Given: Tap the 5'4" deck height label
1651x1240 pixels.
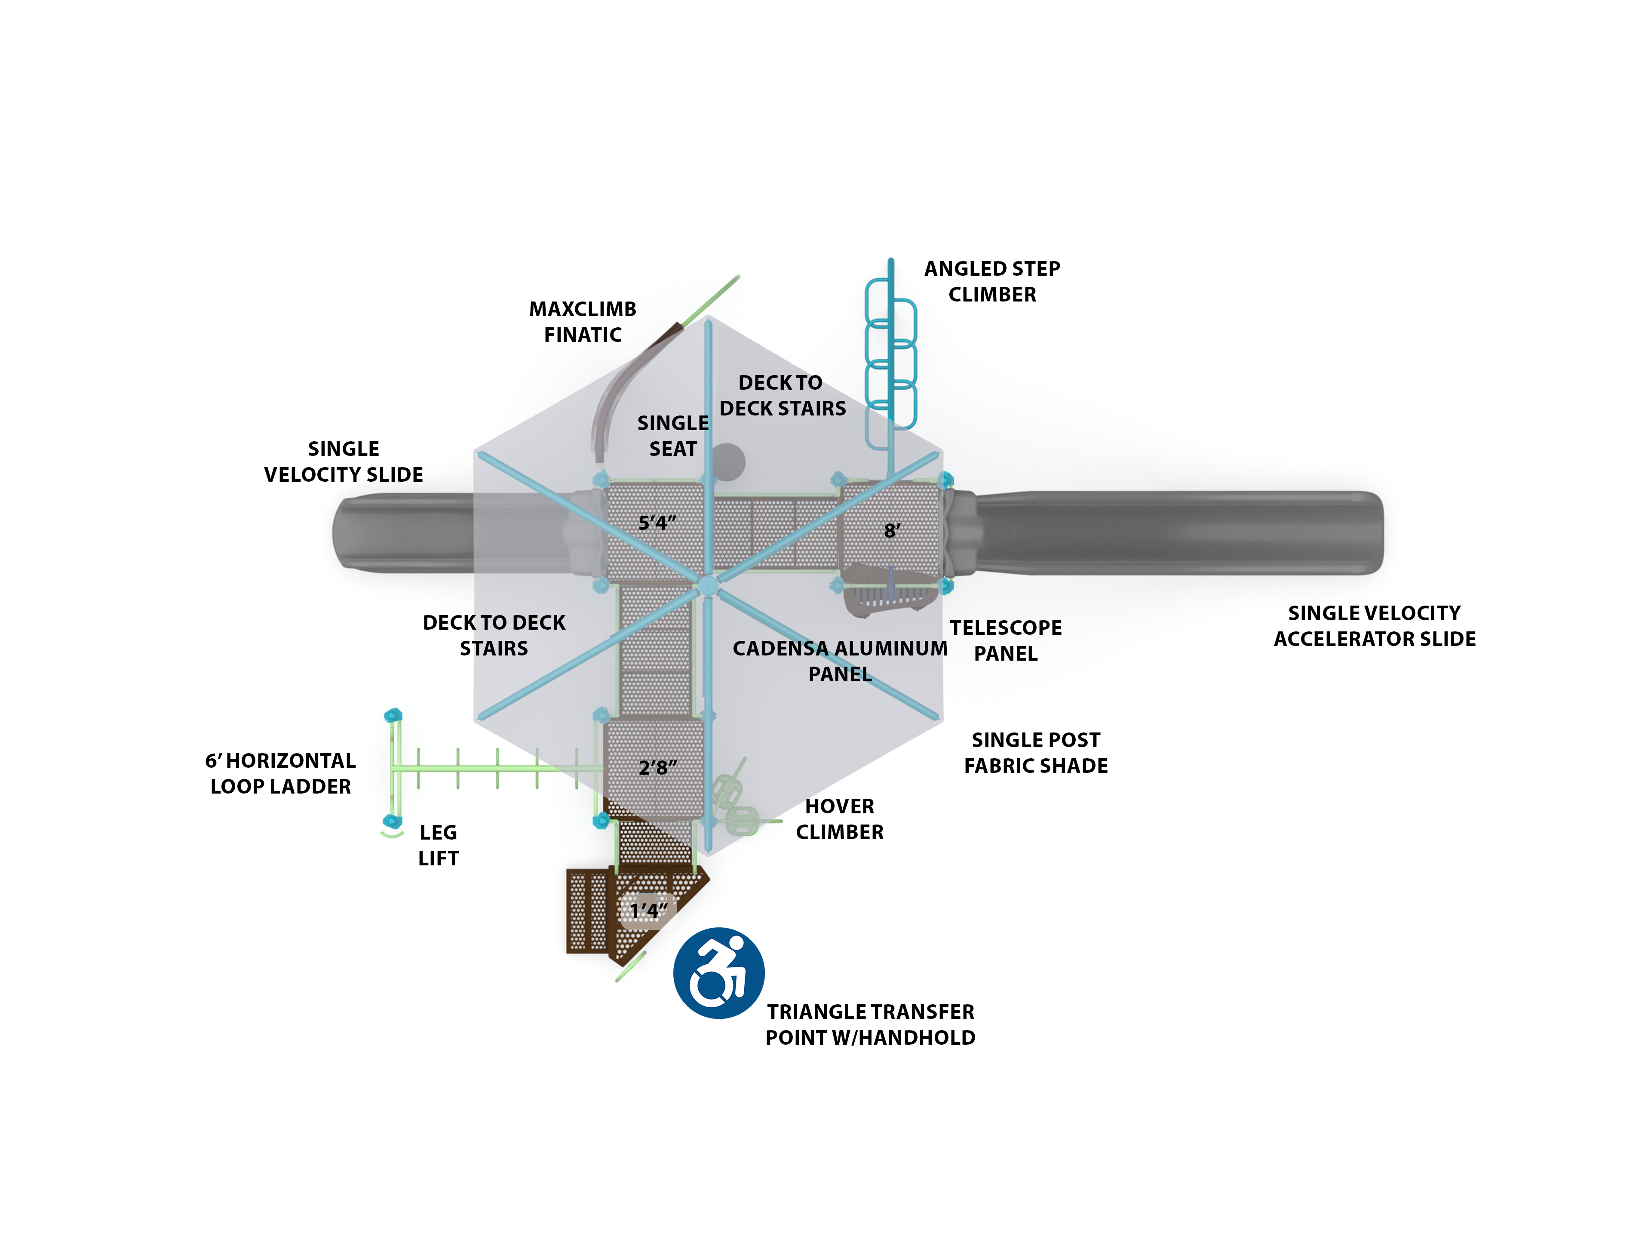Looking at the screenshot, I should coord(657,523).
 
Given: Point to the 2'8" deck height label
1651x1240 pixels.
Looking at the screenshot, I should coord(657,767).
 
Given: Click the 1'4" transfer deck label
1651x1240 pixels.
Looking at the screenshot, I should coord(648,911).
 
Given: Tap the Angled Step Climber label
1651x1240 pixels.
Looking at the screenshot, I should coord(992,281).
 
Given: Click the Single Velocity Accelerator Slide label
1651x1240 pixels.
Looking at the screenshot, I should coord(1374,626).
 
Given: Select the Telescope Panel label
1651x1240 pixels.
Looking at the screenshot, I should coord(1005,640).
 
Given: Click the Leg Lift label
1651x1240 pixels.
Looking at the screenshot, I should coord(438,845).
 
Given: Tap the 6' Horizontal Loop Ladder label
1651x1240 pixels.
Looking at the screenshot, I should coord(281,773).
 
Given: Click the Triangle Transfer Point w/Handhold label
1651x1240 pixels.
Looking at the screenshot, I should coord(870,1024).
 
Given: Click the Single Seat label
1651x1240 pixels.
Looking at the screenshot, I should coord(672,436).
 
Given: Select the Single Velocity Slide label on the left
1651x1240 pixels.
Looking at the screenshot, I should coord(344,462).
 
